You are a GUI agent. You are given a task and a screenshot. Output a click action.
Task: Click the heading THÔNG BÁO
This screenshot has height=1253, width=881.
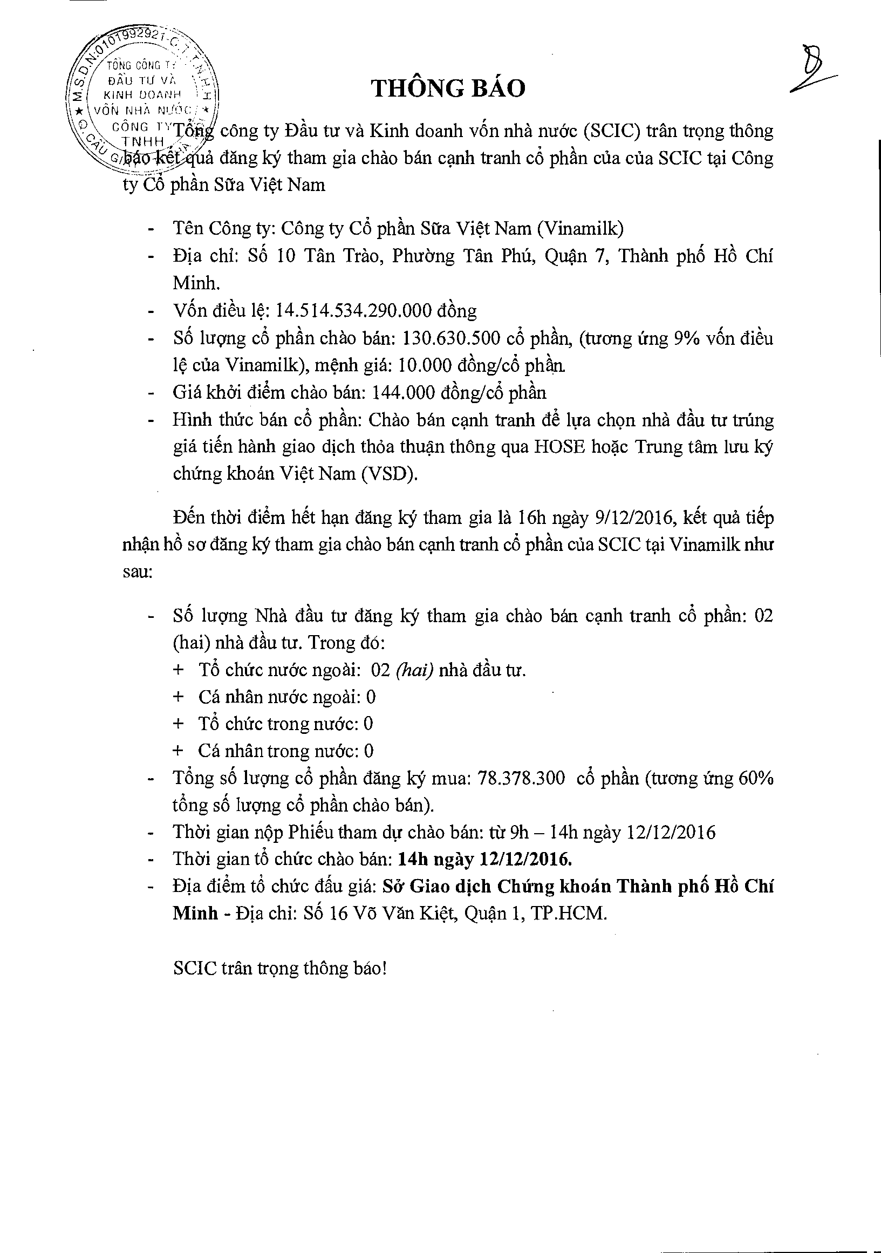point(448,88)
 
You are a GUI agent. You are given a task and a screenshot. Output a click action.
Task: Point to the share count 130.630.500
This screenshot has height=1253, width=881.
point(450,338)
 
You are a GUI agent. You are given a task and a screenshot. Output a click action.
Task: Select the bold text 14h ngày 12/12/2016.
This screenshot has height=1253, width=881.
point(485,860)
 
